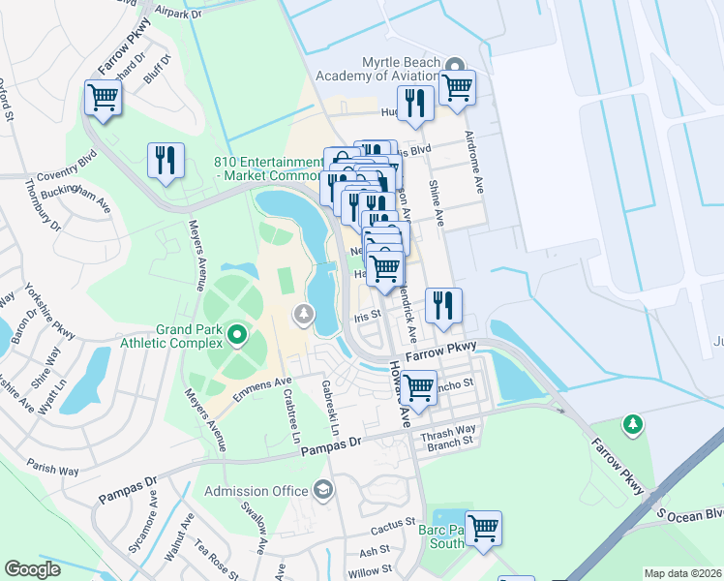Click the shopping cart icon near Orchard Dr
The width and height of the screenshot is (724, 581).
pyautogui.click(x=102, y=96)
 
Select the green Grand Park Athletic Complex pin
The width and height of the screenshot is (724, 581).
pyautogui.click(x=238, y=337)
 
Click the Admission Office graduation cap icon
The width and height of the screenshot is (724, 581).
pyautogui.click(x=323, y=491)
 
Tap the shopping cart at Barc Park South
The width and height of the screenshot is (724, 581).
pyautogui.click(x=483, y=528)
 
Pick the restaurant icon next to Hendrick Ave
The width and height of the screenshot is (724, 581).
pyautogui.click(x=443, y=304)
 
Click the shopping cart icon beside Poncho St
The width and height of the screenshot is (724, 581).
pyautogui.click(x=418, y=387)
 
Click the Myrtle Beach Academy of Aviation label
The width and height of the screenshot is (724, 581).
pyautogui.click(x=387, y=69)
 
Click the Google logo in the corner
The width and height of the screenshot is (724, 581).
pyautogui.click(x=33, y=568)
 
